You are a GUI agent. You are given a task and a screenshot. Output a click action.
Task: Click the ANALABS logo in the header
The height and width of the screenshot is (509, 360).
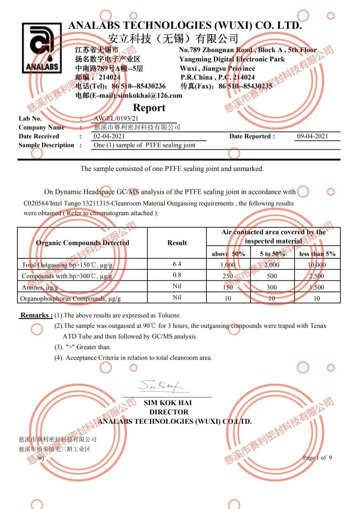coord(40,47)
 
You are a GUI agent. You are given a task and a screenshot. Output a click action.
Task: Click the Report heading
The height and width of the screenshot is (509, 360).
coord(149,108)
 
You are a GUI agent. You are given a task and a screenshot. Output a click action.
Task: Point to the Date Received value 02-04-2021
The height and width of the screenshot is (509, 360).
coord(109,136)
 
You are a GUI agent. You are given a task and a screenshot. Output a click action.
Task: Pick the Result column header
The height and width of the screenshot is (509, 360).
coord(177,243)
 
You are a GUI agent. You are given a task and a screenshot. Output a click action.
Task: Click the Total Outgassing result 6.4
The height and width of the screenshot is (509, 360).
coord(177,264)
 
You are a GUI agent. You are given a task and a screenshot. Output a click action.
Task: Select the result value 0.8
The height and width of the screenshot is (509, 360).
coord(177,275)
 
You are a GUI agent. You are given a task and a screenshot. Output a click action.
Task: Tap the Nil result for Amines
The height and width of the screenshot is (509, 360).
coord(177,287)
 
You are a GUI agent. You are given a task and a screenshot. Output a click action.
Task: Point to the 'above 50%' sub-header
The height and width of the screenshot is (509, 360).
coord(228,254)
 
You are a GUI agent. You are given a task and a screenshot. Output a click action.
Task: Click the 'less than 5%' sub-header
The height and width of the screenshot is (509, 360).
coord(318,254)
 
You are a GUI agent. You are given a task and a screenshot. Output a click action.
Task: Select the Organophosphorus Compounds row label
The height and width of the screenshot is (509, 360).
coord(70,298)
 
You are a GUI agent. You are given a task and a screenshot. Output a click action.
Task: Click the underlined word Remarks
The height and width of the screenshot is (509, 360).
coord(37,316)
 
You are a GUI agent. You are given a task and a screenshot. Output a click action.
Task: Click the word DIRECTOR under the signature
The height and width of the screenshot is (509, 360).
coord(169,412)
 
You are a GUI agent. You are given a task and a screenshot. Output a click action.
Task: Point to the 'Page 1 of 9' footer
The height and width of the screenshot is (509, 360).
coord(317,457)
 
